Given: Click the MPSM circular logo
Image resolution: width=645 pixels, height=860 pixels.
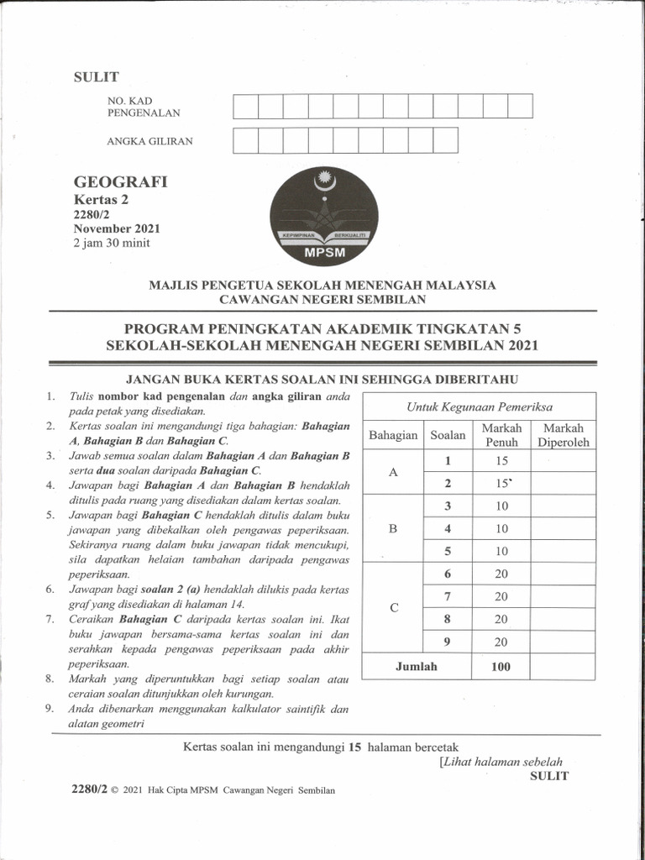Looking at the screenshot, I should click(323, 217).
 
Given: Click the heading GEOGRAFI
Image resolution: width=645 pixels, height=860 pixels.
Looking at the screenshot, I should click(121, 182).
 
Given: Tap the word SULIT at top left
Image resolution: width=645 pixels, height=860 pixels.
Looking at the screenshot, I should click(97, 78).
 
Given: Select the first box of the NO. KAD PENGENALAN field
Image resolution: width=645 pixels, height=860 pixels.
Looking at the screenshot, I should click(245, 107).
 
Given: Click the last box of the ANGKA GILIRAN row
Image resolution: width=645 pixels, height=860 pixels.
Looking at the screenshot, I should click(445, 140).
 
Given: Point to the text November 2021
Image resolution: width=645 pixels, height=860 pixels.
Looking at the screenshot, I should click(117, 228).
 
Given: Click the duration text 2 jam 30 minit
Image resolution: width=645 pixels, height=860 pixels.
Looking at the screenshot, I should click(117, 244).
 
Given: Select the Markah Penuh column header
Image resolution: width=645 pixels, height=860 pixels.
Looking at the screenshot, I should click(501, 435).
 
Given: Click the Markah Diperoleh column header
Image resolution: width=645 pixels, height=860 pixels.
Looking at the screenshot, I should click(564, 435).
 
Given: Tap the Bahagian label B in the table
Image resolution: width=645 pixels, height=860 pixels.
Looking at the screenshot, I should click(392, 529).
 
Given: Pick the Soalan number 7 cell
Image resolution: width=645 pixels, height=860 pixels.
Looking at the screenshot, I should click(448, 596).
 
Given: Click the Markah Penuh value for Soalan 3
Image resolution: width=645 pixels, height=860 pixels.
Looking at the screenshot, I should click(501, 506).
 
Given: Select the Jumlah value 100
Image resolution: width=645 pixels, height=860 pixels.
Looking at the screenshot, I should click(501, 667).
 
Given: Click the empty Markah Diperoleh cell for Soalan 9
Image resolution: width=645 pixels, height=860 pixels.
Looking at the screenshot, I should click(564, 642).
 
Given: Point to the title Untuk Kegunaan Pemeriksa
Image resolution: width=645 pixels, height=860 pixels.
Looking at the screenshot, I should click(480, 406).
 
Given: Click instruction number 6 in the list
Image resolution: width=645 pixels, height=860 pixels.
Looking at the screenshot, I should click(50, 590).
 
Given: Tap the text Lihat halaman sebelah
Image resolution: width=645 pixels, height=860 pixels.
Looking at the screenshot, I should click(501, 762).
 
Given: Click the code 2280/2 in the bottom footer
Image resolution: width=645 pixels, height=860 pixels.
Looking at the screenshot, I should click(92, 791).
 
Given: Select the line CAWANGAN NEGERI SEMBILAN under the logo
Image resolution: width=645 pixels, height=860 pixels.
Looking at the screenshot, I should click(322, 299).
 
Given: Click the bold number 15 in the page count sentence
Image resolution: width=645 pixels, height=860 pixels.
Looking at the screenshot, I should click(354, 746).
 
